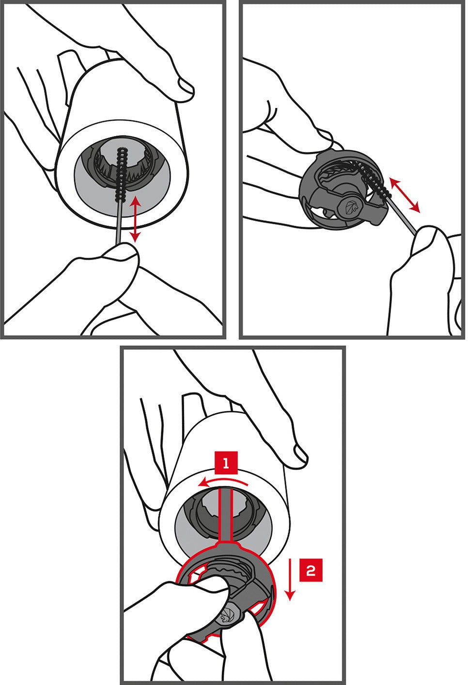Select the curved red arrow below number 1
[x=223, y=482]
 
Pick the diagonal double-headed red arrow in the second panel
[x=405, y=195]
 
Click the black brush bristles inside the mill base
[x=120, y=174]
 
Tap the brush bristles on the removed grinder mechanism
[x=374, y=180]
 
